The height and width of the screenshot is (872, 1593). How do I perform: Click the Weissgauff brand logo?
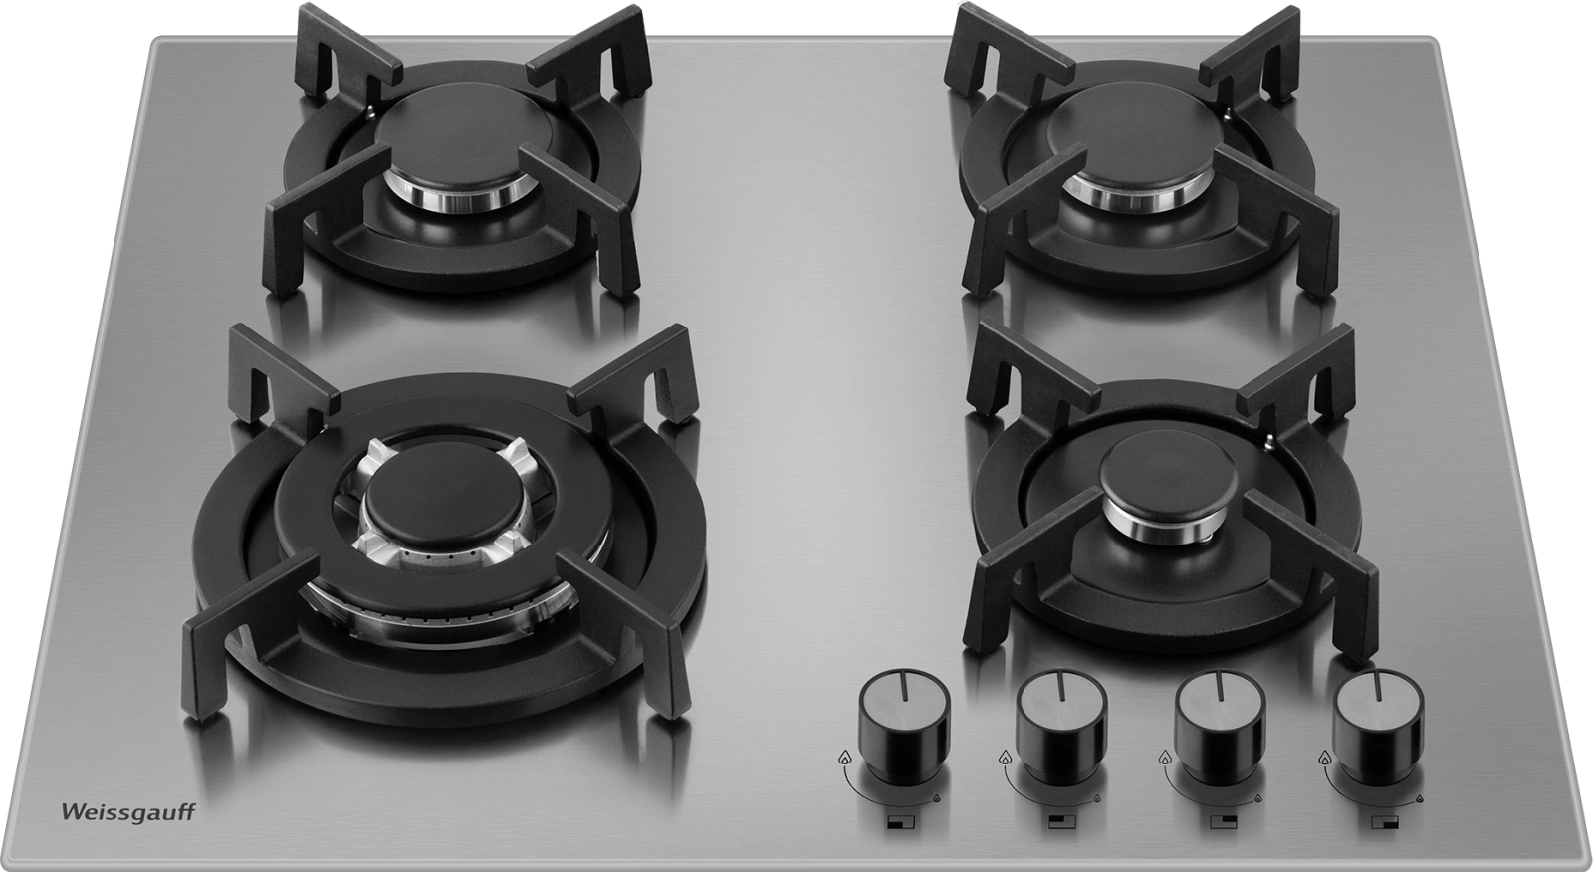tap(128, 813)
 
